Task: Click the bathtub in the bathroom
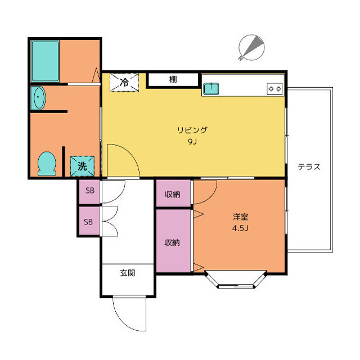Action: point(45,61)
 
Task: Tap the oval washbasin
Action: point(39,98)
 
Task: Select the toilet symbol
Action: point(47,164)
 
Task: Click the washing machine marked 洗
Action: point(82,166)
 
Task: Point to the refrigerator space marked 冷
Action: point(124,82)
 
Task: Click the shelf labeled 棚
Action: point(173,79)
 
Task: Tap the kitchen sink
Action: point(211,89)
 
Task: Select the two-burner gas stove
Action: point(274,89)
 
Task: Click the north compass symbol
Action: point(251,48)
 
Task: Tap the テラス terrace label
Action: point(309,166)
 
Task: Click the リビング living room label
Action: point(192,130)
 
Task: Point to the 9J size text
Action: point(192,142)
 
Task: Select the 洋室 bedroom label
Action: point(240,217)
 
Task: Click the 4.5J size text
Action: point(240,228)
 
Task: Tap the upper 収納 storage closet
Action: point(173,193)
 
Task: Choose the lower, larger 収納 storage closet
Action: point(173,241)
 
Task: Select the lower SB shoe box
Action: point(89,221)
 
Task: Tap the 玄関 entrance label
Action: point(128,273)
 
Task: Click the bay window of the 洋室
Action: point(236,280)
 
